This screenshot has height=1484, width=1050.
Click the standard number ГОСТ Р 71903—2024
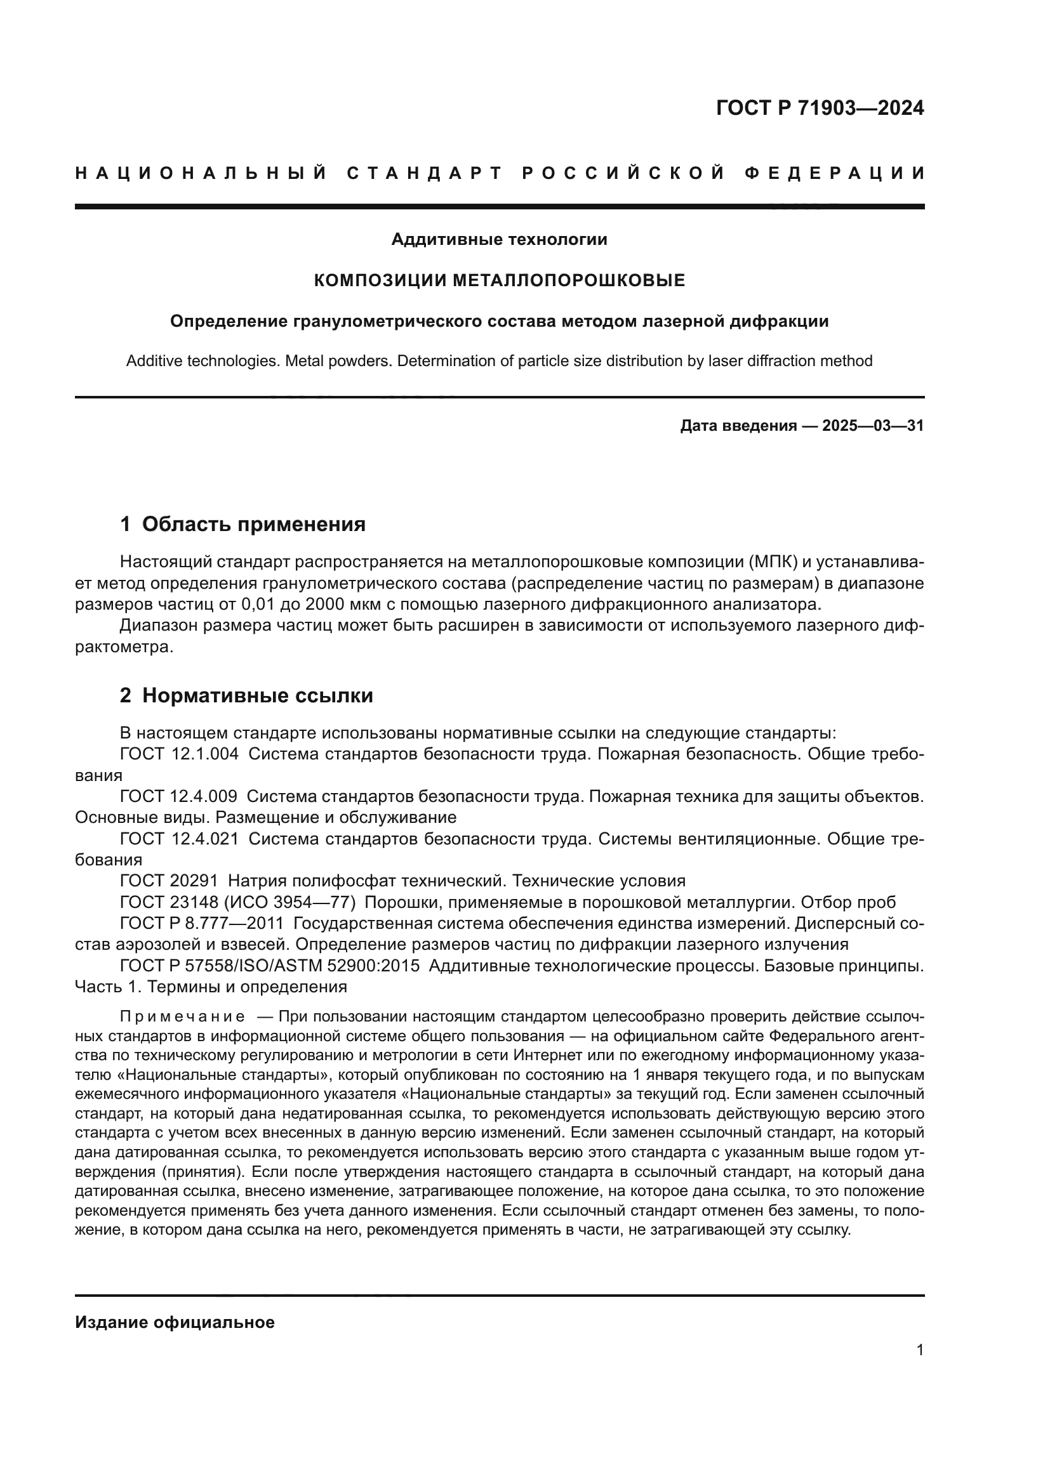819,108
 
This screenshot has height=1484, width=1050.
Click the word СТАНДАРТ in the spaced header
425,173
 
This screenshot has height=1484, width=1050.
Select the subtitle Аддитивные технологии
499,240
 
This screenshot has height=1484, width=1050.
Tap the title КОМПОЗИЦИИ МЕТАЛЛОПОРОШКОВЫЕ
499,280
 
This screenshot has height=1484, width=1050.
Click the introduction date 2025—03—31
872,426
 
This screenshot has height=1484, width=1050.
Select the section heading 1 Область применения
243,524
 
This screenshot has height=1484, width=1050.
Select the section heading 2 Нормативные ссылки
246,695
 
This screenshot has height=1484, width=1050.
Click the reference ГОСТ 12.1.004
179,754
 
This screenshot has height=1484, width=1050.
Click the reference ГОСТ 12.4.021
179,839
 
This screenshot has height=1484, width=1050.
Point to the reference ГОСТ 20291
169,881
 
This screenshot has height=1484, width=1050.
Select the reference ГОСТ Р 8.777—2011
202,924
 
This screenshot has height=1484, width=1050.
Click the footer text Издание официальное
175,1322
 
